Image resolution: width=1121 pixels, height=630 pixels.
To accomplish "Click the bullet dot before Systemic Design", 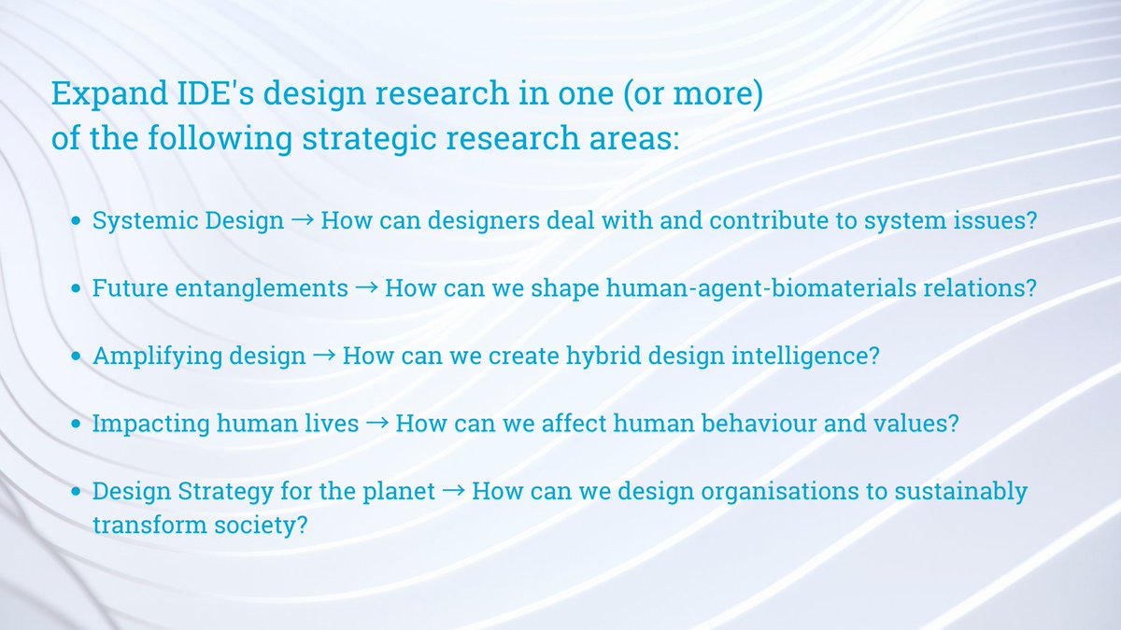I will [78, 222].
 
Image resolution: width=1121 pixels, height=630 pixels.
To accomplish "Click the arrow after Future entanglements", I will [366, 288].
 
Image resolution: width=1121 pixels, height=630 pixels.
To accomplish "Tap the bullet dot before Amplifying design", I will [78, 357].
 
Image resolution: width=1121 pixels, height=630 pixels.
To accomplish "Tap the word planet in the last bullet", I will [399, 491].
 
